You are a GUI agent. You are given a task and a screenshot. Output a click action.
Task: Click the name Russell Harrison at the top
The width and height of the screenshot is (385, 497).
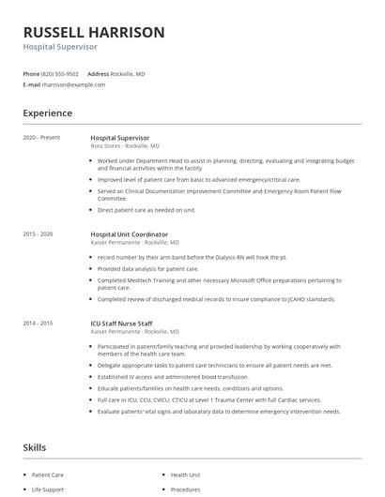click(x=94, y=32)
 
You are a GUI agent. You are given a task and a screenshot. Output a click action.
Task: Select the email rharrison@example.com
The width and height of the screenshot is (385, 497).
click(x=73, y=84)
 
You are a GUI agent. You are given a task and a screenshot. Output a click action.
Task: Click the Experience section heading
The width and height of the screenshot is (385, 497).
click(x=48, y=113)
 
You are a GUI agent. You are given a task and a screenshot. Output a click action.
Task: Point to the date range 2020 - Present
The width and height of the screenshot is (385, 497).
click(x=41, y=138)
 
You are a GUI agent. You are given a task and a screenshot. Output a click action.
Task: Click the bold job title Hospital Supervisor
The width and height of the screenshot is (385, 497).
click(x=119, y=138)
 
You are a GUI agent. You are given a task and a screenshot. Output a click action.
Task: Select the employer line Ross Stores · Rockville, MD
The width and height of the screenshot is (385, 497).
click(x=125, y=146)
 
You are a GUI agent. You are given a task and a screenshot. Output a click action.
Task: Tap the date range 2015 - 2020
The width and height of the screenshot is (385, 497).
click(x=38, y=233)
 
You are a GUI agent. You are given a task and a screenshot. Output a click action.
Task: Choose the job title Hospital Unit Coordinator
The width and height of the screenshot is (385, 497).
click(x=130, y=233)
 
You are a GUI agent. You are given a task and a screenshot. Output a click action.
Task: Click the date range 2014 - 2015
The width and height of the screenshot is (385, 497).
click(x=38, y=323)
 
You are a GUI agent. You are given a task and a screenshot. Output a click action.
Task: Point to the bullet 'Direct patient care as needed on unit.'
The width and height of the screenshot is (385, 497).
click(x=147, y=210)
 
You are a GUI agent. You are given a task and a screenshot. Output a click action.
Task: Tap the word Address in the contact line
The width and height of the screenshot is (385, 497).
click(x=99, y=73)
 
